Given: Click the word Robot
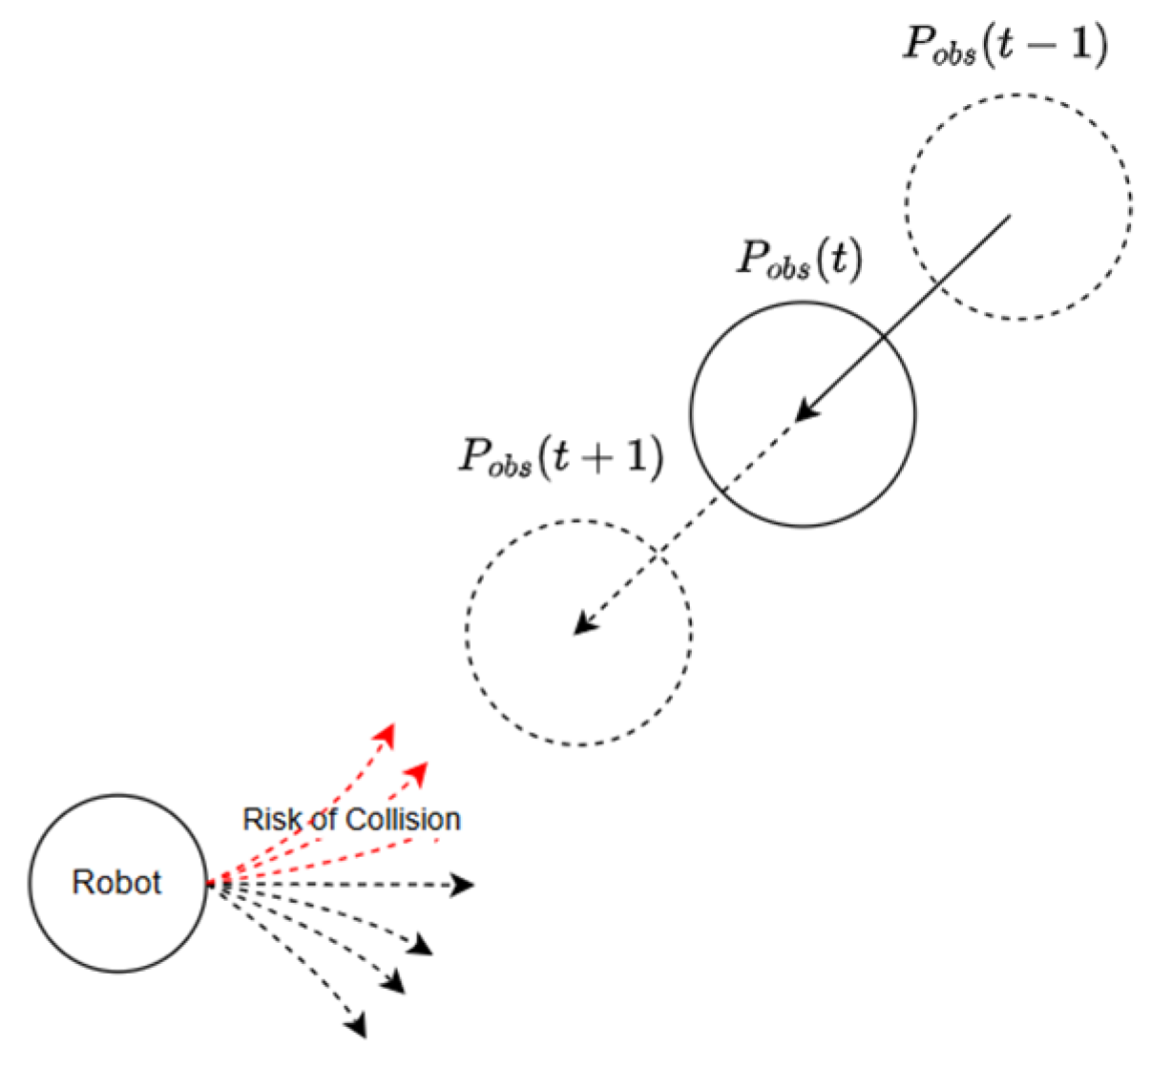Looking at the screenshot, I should [116, 882].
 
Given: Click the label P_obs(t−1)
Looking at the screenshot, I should [1006, 45].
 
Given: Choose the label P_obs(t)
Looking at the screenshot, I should [800, 259].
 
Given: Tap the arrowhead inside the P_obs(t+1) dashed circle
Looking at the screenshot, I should [582, 623].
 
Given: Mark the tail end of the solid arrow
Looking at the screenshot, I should [1009, 218].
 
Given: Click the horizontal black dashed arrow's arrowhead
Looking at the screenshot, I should [463, 886].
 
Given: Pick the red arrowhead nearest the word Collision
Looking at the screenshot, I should [417, 770].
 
